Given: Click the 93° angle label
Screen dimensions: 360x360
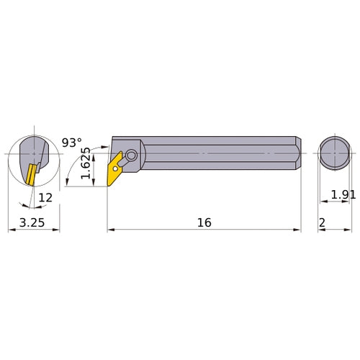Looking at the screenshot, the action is tap(72, 143).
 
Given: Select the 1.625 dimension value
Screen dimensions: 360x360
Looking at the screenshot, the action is tap(86, 163).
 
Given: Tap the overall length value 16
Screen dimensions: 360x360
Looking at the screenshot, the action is tap(204, 222).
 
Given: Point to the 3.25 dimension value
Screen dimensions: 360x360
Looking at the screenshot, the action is tap(32, 222).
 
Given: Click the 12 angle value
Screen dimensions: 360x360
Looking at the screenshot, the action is tap(45, 198).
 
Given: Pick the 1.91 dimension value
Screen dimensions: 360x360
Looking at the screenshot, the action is tap(343, 194).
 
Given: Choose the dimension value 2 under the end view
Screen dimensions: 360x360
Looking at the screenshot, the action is tap(322, 223).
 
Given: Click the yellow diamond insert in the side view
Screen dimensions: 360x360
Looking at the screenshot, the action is tap(114, 168).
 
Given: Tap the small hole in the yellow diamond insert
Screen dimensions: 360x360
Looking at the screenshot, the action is tap(115, 168).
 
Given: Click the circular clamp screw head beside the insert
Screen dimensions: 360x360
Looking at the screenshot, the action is tap(131, 156).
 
